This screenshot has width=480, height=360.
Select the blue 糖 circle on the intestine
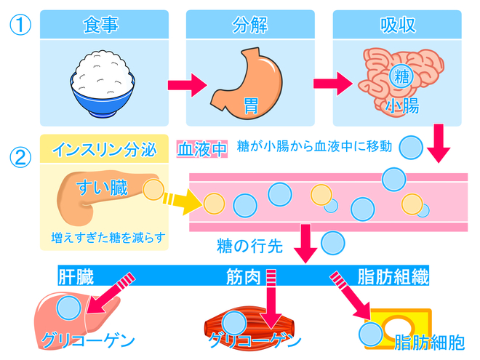(x=400, y=76)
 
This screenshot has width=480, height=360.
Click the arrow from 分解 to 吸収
(x=325, y=85)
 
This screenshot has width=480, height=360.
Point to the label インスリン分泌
(x=103, y=149)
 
